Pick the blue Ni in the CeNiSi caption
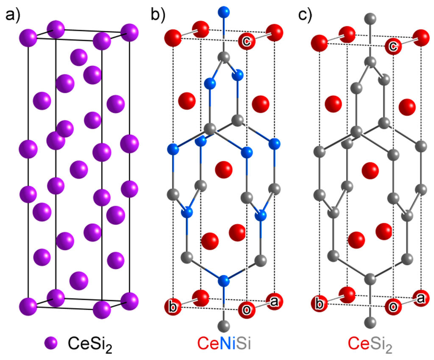coord(228,343)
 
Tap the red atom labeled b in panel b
coord(173,305)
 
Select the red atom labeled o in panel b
coord(246,308)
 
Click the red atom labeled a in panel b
coord(275,300)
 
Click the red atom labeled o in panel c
coord(393,308)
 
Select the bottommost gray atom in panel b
coord(224,326)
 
